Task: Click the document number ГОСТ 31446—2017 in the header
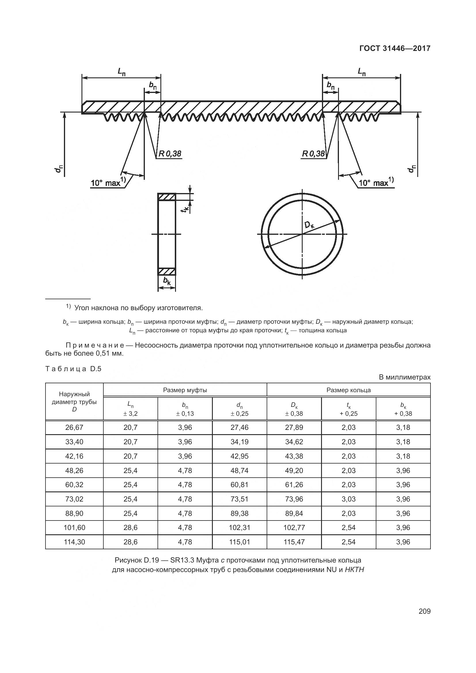tap(395, 48)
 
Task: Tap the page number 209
tap(424, 611)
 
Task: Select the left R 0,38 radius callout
tap(170, 154)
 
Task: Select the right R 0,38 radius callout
tap(313, 154)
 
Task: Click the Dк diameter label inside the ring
tap(309, 225)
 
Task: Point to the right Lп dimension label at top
tap(361, 71)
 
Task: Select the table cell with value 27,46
tap(239, 427)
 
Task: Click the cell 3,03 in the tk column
tap(348, 499)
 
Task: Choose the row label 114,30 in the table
tap(74, 542)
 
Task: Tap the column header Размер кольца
tap(348, 390)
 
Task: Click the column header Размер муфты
tap(185, 390)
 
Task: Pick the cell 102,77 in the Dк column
tap(294, 527)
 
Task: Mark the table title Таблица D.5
tap(73, 369)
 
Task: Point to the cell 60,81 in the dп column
tap(239, 485)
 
